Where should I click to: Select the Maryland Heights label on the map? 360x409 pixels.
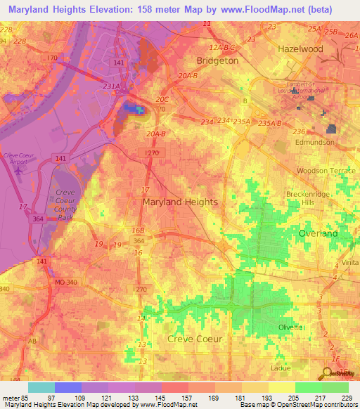coord(180,202)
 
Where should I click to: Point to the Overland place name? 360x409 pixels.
coord(318,233)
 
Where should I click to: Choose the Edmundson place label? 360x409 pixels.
coord(315,142)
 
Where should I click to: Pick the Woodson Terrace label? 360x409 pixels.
coord(321,171)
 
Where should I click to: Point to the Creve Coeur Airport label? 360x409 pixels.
coord(18,158)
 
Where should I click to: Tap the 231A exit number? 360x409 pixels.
coord(112,86)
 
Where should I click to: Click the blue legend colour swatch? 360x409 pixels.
coord(68,387)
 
